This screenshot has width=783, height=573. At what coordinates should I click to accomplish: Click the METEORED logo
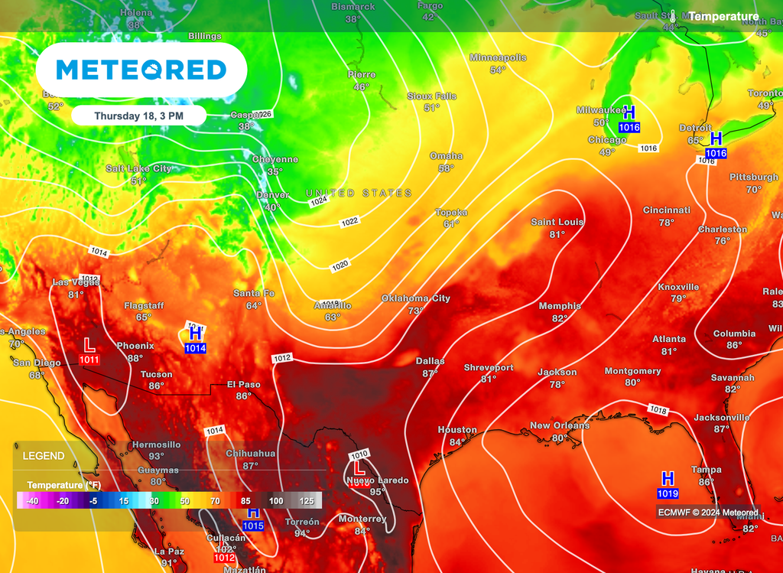point(141,70)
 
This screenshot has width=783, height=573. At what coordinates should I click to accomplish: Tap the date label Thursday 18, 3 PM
point(138,116)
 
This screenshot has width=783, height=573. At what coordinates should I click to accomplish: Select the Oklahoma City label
point(416,298)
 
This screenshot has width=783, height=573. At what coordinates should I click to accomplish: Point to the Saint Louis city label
point(557,222)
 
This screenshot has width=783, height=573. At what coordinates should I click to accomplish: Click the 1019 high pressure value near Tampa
point(668,494)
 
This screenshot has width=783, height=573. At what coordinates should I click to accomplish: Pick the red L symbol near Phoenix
point(89,345)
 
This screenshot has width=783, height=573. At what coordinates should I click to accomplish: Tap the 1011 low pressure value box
point(89,360)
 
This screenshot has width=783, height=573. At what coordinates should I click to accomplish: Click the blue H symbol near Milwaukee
point(629,113)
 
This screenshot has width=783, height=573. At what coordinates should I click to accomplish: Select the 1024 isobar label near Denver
point(319,201)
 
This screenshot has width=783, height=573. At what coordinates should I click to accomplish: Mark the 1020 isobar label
point(340,265)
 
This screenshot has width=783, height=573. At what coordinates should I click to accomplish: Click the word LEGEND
point(44,456)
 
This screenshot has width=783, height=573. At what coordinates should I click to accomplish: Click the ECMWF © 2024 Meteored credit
point(707,513)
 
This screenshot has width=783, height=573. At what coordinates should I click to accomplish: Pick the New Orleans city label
point(560,425)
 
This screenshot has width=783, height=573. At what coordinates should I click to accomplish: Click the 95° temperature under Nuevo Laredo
point(378,492)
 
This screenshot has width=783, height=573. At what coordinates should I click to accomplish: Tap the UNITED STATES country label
point(359,193)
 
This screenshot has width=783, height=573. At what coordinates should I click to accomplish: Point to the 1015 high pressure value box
point(253,526)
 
